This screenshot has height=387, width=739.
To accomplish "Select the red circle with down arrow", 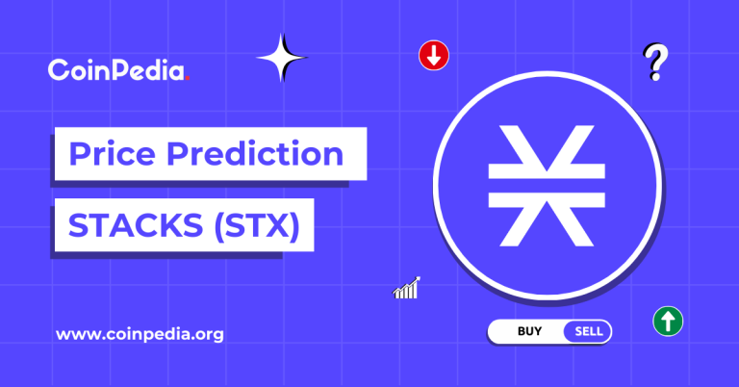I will coord(434,56).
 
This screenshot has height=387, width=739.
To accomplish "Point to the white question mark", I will coord(656,61).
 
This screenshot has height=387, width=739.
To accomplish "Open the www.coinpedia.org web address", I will coord(140,335).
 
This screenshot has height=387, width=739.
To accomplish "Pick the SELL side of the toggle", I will coord(588,332).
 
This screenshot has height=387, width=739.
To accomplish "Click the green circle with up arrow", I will coord(667,322).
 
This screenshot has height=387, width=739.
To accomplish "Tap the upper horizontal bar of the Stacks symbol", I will coord(546,169).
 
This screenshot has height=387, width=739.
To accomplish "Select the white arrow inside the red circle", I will coord(434,56).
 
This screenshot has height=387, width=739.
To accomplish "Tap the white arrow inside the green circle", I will coord(667,322).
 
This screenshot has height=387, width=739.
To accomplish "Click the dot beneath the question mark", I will coord(655,77).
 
